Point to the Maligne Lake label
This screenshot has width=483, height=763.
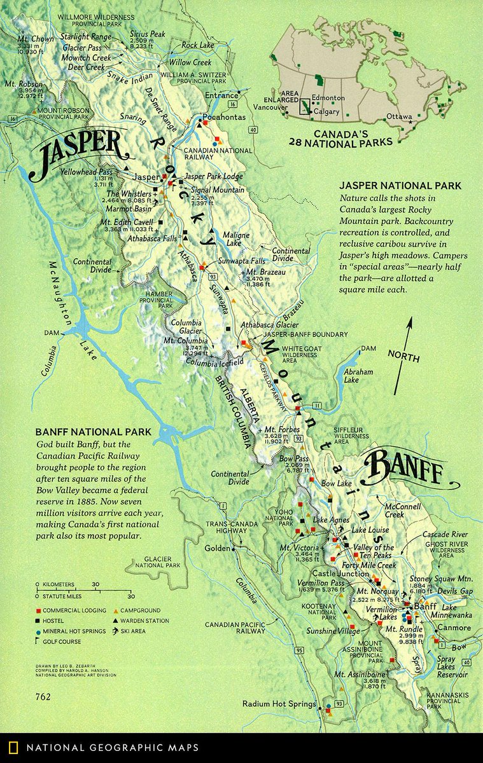click(x=241, y=238)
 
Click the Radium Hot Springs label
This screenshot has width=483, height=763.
click(x=279, y=704)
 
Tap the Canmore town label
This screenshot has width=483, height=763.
click(x=454, y=628)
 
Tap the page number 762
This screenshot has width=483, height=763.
click(x=44, y=696)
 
